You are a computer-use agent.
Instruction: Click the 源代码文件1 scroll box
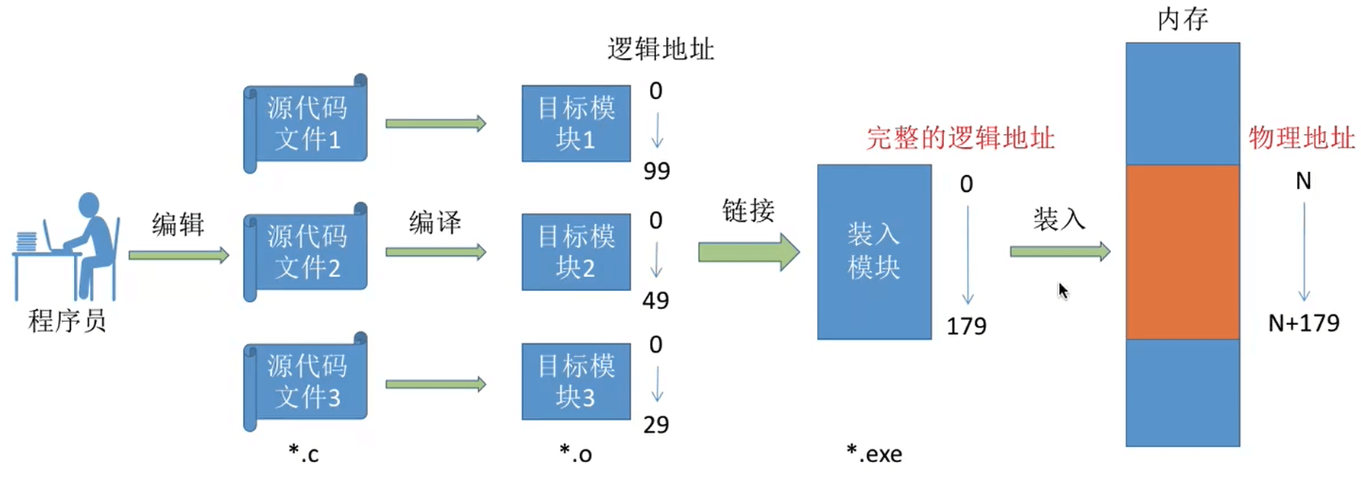pyautogui.click(x=306, y=123)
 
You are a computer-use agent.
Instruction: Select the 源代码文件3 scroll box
pyautogui.click(x=306, y=381)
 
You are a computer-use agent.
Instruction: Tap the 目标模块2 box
pyautogui.click(x=576, y=252)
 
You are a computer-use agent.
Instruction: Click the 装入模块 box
pyautogui.click(x=874, y=252)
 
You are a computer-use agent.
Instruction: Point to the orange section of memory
pyautogui.click(x=1183, y=252)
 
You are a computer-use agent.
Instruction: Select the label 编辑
pyautogui.click(x=178, y=225)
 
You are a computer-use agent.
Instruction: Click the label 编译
pyautogui.click(x=435, y=222)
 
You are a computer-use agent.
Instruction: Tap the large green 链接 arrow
pyautogui.click(x=749, y=251)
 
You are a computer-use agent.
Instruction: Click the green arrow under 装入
pyautogui.click(x=1060, y=251)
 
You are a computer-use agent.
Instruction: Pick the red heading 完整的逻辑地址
pyautogui.click(x=960, y=138)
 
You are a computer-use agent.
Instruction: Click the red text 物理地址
pyautogui.click(x=1302, y=138)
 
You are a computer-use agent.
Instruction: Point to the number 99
pyautogui.click(x=656, y=171)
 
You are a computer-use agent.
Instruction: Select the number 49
pyautogui.click(x=655, y=300)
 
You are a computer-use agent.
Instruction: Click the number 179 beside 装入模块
pyautogui.click(x=966, y=326)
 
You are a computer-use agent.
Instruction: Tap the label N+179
pyautogui.click(x=1303, y=323)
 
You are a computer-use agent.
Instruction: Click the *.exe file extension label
pyautogui.click(x=874, y=454)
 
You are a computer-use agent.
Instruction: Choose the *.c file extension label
pyautogui.click(x=303, y=454)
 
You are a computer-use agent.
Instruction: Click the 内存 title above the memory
pyautogui.click(x=1183, y=19)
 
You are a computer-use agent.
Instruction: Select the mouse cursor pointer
pyautogui.click(x=1063, y=291)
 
